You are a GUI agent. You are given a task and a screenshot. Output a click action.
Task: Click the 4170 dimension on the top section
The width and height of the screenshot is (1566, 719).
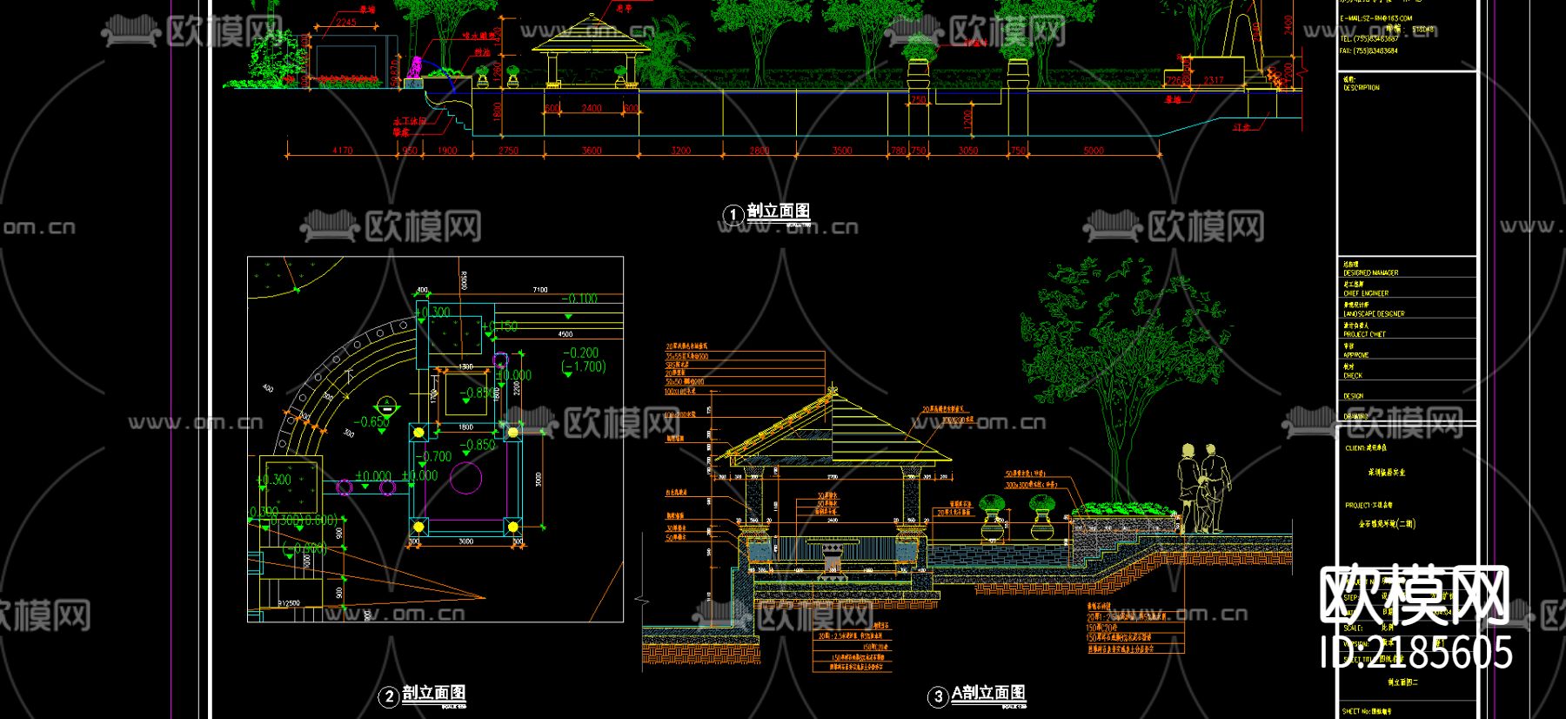342,151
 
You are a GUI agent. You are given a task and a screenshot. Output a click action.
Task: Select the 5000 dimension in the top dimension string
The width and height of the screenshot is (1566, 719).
1094,151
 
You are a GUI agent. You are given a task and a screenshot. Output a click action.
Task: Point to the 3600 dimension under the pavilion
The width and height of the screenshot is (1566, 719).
592,151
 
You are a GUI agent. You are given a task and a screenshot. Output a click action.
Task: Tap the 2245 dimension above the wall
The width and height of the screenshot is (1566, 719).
345,23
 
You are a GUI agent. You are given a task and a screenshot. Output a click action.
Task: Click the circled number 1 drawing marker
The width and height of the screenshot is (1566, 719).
733,214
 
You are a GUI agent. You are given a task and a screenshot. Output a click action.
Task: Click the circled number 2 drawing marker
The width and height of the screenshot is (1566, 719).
389,696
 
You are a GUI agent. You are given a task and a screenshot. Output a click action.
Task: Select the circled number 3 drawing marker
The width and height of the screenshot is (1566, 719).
938,696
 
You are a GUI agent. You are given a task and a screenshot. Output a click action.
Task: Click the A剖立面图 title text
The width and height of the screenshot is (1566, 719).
988,693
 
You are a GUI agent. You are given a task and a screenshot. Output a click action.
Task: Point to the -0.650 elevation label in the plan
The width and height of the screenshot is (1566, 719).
372,422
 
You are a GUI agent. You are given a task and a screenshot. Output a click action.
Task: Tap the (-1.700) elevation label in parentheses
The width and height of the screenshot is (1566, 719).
584,366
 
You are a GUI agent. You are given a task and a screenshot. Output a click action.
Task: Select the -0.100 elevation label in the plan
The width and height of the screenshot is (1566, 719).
579,299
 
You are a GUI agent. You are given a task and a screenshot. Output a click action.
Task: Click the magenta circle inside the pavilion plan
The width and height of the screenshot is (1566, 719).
465,478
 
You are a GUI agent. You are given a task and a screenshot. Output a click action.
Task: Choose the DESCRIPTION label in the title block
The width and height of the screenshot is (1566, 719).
1361,88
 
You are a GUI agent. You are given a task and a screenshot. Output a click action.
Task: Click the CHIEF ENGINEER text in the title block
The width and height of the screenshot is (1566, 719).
1366,293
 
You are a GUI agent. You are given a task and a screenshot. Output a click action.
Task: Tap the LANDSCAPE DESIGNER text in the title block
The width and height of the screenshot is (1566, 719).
1374,313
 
